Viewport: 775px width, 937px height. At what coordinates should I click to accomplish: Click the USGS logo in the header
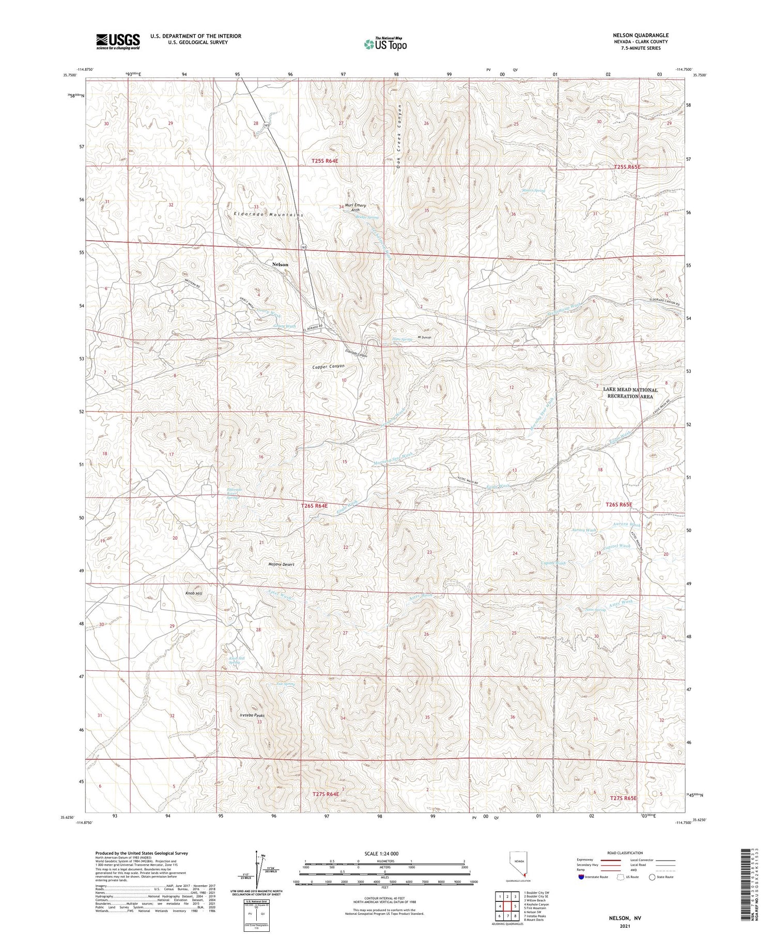(x=118, y=41)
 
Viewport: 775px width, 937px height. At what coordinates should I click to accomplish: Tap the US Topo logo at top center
(x=385, y=44)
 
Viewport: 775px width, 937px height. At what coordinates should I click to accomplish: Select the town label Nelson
(x=280, y=264)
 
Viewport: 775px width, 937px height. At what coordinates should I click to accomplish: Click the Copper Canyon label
(x=328, y=366)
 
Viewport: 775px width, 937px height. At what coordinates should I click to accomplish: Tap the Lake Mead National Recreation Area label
(x=634, y=393)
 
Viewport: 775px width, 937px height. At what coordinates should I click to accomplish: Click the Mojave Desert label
(x=281, y=564)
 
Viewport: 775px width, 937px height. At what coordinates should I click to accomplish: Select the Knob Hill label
(x=194, y=594)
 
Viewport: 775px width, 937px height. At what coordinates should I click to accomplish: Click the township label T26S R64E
(x=314, y=506)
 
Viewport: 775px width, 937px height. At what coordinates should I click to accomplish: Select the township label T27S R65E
(x=624, y=798)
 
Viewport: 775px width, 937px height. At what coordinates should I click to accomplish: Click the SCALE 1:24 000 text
(x=384, y=853)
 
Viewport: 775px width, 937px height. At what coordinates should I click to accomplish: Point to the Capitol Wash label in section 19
(x=616, y=546)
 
